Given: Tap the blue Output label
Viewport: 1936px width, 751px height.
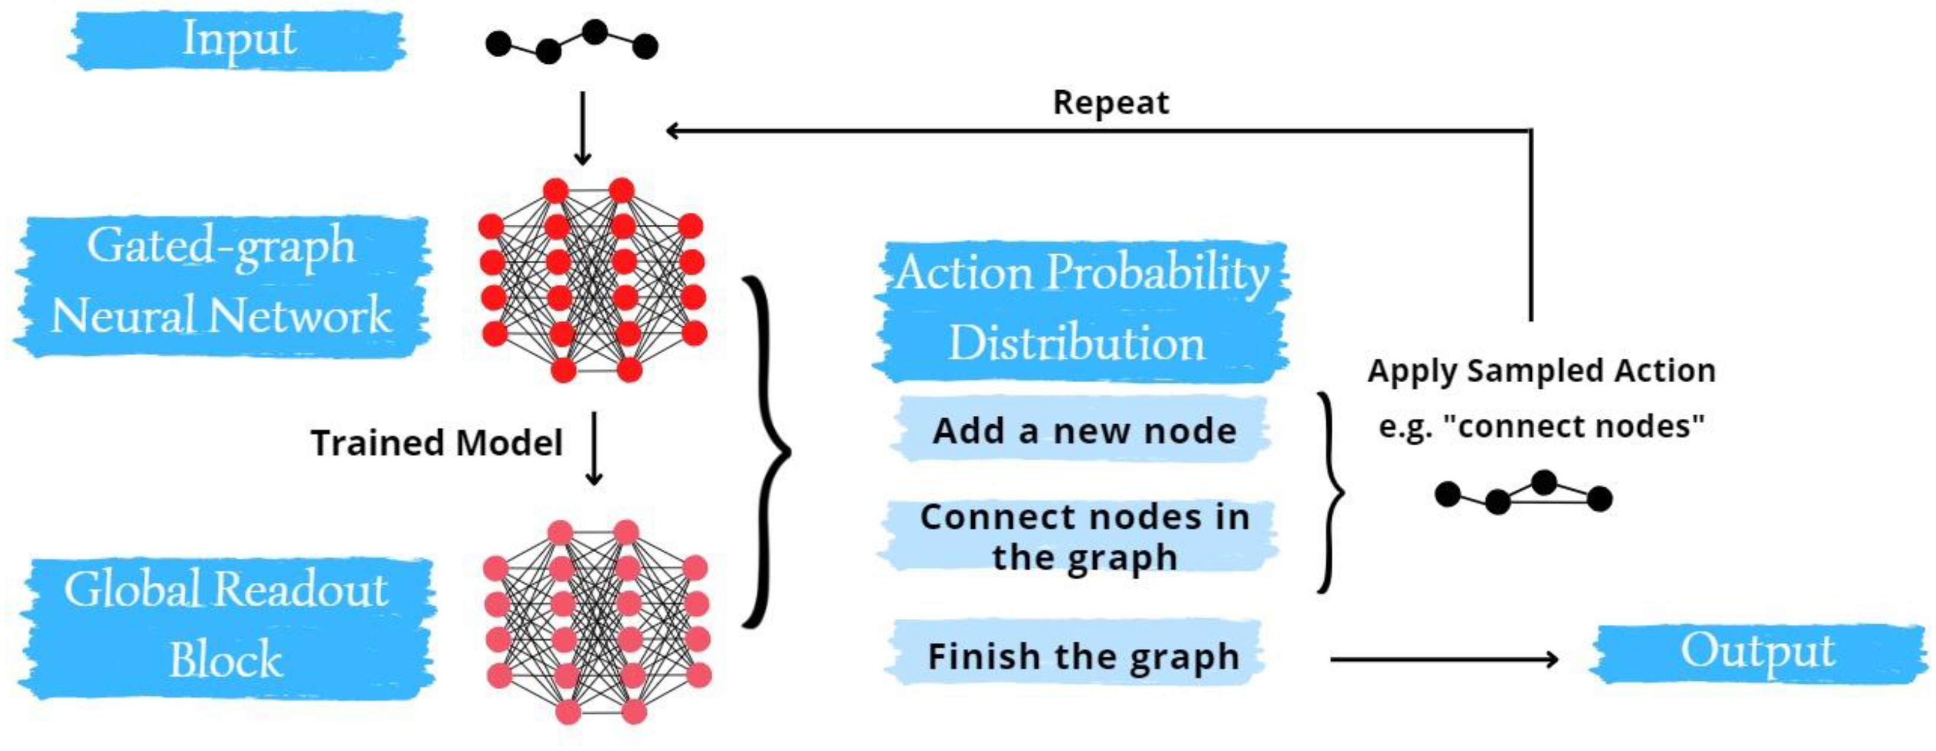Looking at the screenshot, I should tap(1757, 652).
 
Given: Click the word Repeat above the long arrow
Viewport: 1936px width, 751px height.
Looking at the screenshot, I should tap(1111, 102).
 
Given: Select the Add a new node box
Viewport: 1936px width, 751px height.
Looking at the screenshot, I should tap(1083, 431).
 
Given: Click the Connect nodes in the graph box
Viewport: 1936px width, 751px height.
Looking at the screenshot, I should tap(1083, 537).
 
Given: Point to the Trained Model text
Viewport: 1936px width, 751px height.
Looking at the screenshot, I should tap(437, 443).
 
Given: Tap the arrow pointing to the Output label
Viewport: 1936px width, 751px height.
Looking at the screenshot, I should tap(1443, 660).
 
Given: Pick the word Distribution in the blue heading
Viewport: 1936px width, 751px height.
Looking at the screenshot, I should tap(1076, 343).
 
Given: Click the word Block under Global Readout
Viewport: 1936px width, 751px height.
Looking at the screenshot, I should tap(225, 660).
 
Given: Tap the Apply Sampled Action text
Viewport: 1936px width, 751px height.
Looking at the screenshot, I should tap(1541, 370).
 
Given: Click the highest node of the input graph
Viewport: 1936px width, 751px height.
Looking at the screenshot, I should tap(594, 32).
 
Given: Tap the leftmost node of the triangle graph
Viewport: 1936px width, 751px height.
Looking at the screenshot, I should tap(1447, 494).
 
